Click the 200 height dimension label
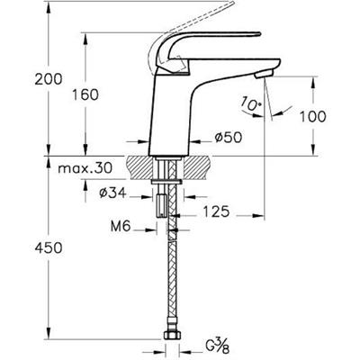(x=49, y=79)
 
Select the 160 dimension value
(x=85, y=95)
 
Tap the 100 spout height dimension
(x=313, y=116)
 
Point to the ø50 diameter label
(x=228, y=138)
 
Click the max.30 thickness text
(x=85, y=168)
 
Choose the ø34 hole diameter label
(x=112, y=193)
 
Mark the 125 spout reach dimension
(x=216, y=211)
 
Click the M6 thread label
(x=121, y=227)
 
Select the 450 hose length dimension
(x=49, y=247)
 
